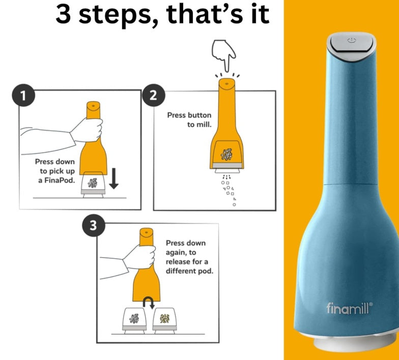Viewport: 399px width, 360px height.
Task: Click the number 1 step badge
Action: click(x=23, y=96)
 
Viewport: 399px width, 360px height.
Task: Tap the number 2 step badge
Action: click(x=154, y=96)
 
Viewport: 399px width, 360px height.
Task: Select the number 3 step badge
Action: click(x=94, y=225)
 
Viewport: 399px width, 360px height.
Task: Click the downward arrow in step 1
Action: click(x=114, y=178)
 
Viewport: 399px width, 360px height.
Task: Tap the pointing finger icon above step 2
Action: click(x=224, y=55)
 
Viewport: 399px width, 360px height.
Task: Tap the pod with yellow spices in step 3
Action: click(x=165, y=320)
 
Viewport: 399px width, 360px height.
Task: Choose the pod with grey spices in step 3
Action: click(x=134, y=320)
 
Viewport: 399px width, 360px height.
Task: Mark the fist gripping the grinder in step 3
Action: click(x=139, y=257)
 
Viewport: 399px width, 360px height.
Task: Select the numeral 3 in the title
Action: click(x=63, y=15)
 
